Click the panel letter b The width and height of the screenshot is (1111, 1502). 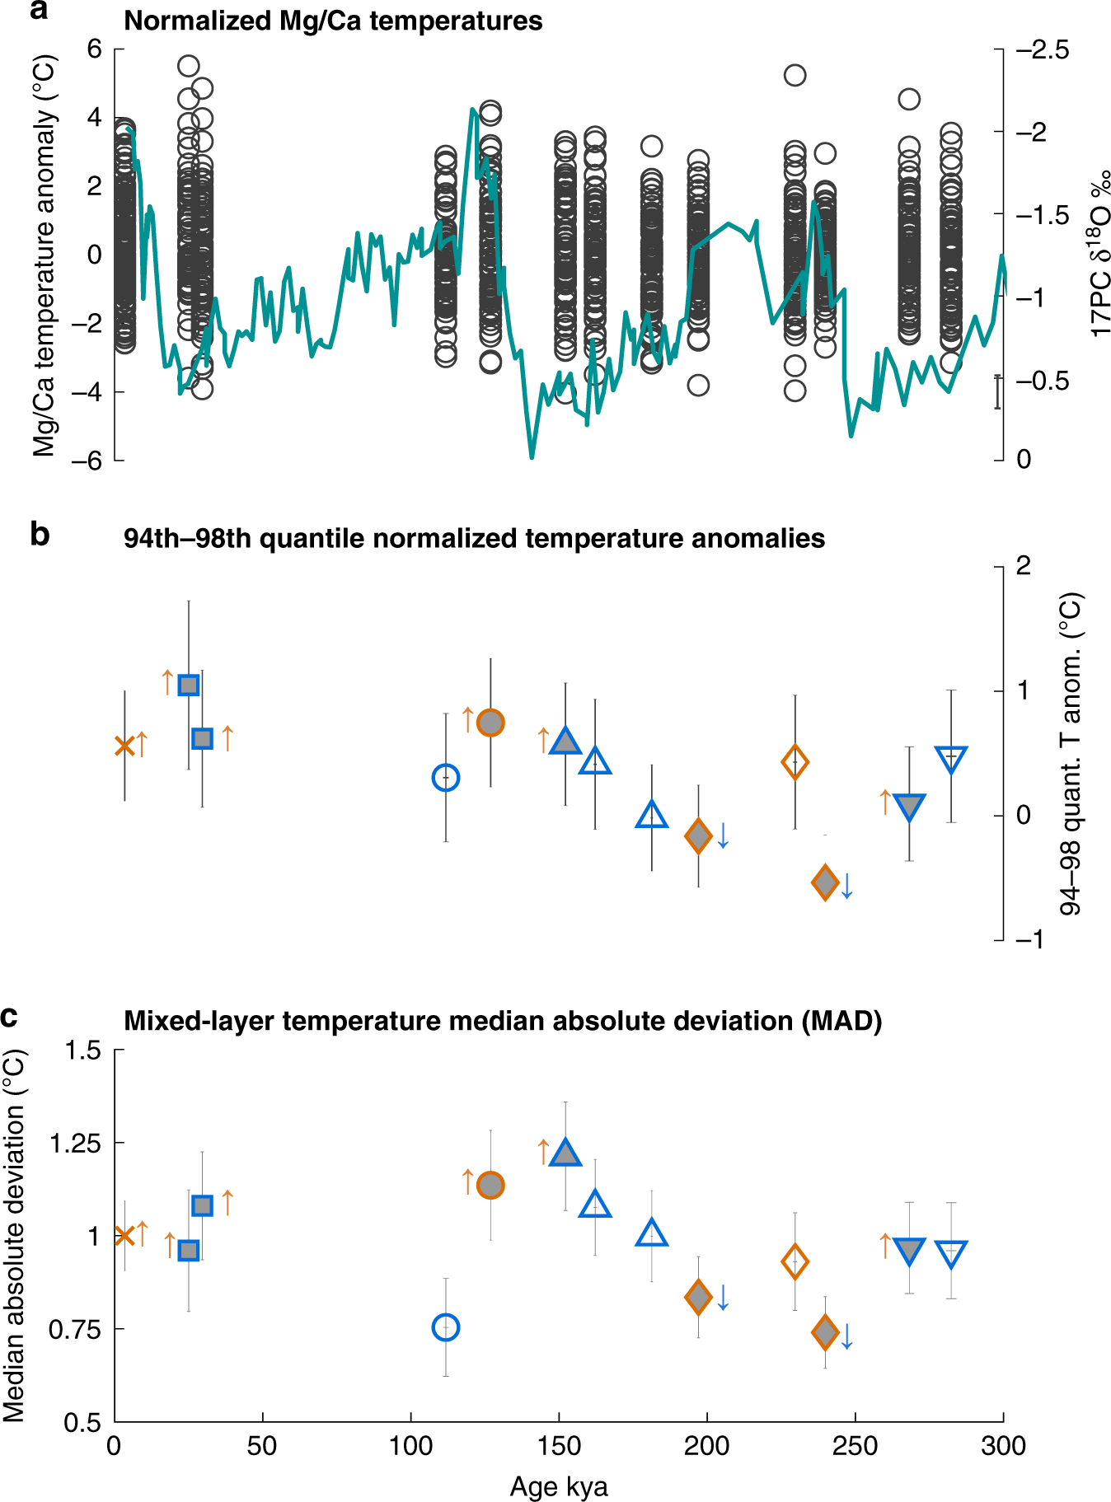[x=40, y=535]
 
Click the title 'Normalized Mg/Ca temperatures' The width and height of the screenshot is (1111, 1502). [x=333, y=21]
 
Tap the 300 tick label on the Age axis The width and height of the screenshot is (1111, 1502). [x=1003, y=1446]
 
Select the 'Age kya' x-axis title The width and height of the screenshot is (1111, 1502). [x=559, y=1486]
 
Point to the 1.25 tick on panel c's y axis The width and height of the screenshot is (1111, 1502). [x=75, y=1144]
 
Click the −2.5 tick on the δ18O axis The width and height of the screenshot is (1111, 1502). [x=1042, y=50]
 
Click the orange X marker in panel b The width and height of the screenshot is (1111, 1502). [x=124, y=746]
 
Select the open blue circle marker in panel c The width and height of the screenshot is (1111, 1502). [x=446, y=1327]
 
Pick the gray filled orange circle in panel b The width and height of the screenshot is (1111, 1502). [x=490, y=723]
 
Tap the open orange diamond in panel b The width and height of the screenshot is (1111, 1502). [x=795, y=762]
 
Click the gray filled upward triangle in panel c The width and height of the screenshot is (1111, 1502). [x=565, y=1153]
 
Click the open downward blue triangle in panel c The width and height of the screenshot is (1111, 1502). [x=951, y=1253]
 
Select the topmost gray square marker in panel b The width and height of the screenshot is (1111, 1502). [x=189, y=685]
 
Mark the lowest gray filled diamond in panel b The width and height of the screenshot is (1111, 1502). [x=825, y=882]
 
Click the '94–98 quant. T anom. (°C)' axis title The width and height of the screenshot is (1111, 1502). [x=1070, y=754]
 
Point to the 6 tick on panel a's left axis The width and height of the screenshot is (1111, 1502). [x=95, y=49]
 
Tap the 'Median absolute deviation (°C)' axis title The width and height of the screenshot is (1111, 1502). [x=15, y=1235]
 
